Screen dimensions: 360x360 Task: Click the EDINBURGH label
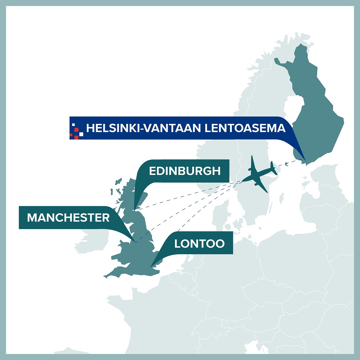click(x=185, y=171)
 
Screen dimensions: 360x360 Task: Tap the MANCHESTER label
click(x=68, y=217)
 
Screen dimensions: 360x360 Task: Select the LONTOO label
click(x=199, y=244)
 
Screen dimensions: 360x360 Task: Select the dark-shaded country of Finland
click(x=313, y=108)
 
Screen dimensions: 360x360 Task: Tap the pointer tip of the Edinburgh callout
click(x=134, y=209)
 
